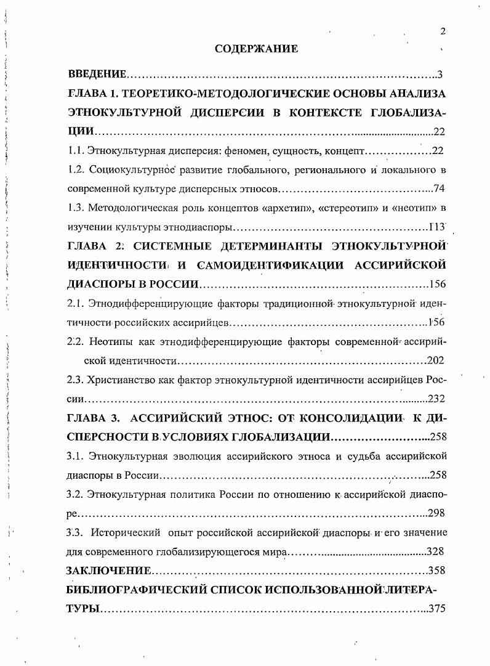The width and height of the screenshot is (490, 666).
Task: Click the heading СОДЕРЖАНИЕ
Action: pos(257,49)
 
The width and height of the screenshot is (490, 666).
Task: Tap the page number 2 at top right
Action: pos(443,31)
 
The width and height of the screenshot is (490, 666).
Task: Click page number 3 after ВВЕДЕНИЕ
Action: pos(440,75)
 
